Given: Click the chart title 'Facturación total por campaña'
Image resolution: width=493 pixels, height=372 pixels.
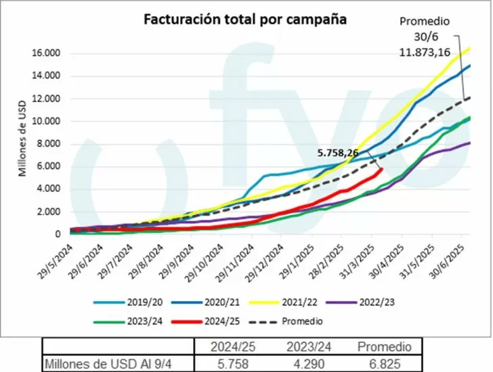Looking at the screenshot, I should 244,20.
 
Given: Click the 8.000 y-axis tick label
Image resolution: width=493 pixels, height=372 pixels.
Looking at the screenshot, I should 51,144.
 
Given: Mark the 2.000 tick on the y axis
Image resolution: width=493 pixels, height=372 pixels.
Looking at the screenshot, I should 51,212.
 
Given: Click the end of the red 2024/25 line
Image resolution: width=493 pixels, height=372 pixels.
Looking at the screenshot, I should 382,169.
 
